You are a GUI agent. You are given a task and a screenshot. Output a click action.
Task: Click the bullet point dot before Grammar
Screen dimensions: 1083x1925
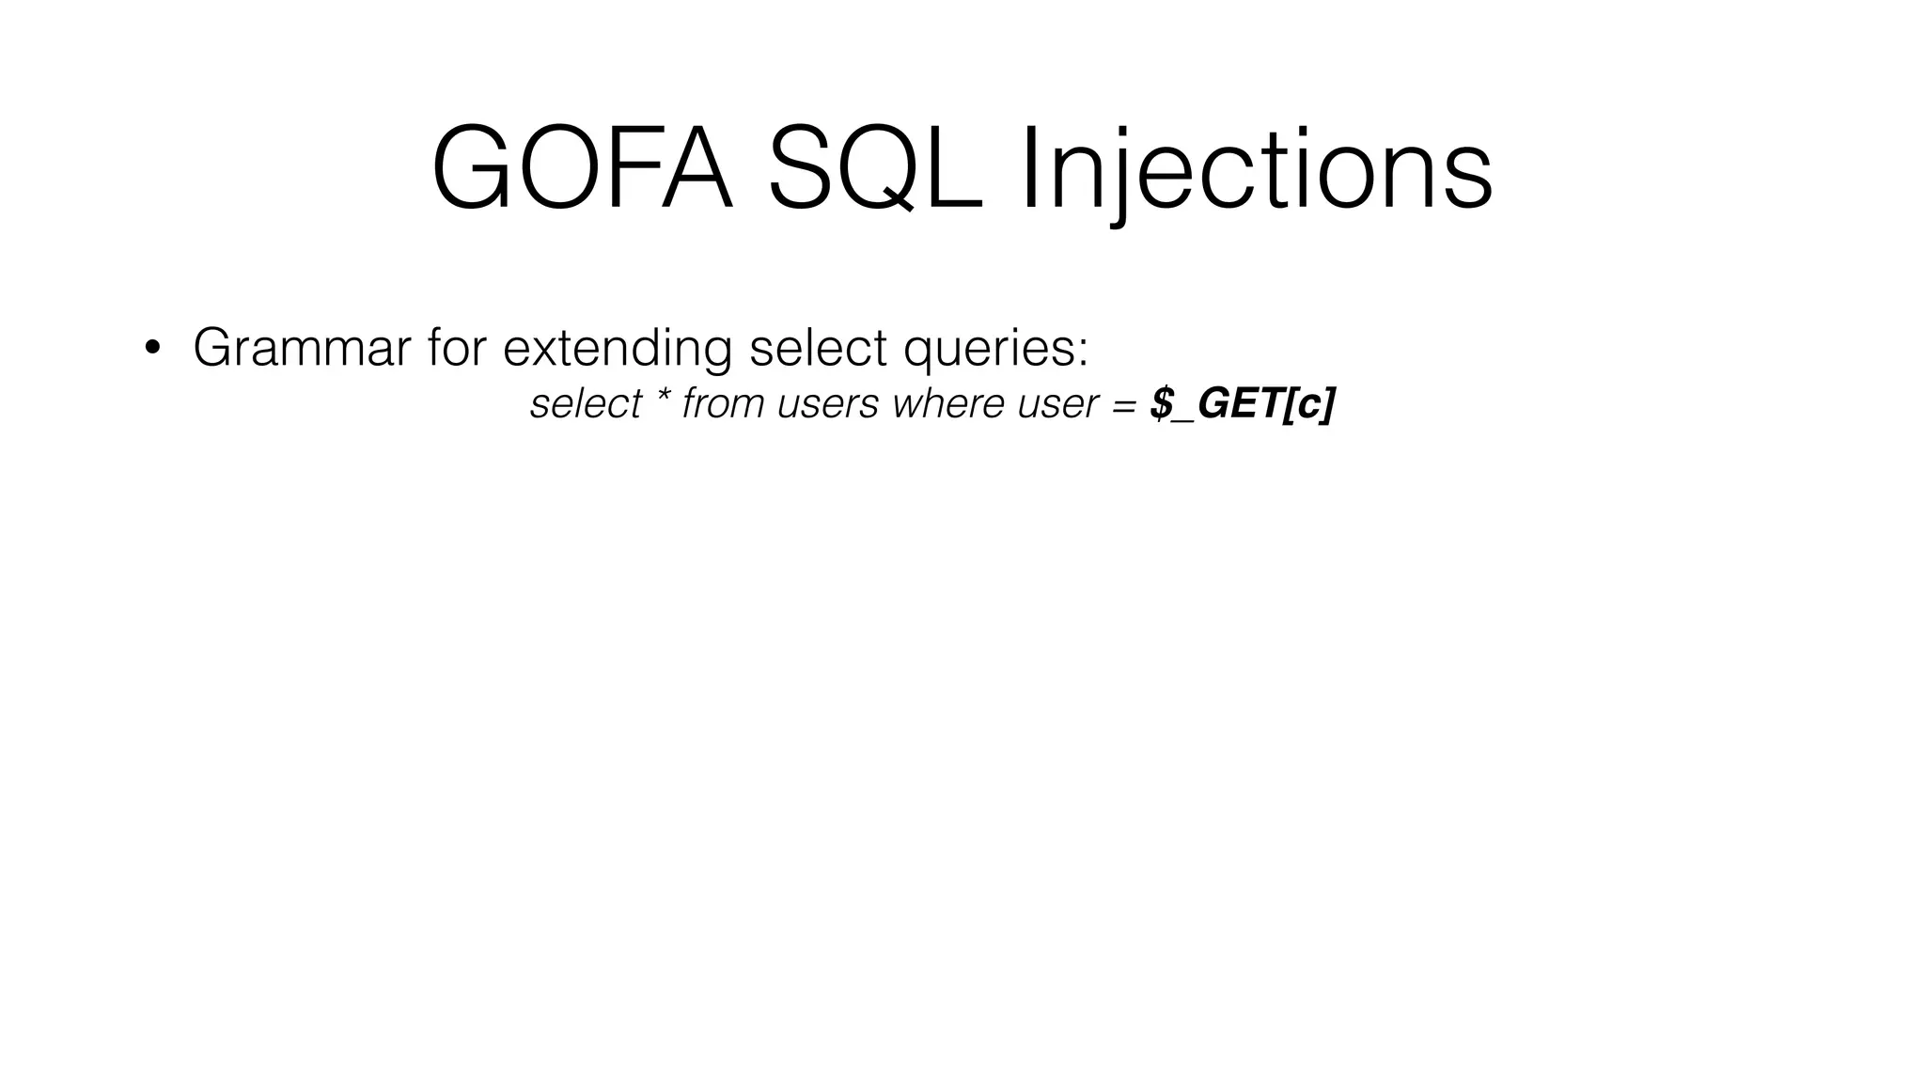152,349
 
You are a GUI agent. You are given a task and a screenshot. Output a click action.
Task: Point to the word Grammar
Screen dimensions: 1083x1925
302,347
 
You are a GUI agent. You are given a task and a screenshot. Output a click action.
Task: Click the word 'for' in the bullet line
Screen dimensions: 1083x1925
456,347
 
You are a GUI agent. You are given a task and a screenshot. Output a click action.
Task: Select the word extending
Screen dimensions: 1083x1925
617,349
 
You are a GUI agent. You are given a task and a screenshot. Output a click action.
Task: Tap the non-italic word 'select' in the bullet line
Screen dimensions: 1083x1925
818,347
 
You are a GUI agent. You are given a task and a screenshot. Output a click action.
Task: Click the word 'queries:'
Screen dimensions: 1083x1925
995,349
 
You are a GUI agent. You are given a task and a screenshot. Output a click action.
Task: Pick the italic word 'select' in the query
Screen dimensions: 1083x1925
585,404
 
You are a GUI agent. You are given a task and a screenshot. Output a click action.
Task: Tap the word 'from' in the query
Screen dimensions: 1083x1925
723,404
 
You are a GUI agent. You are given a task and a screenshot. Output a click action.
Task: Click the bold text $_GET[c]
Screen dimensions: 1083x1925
1242,404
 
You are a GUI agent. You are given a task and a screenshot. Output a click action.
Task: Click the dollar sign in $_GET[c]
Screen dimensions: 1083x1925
1163,404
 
